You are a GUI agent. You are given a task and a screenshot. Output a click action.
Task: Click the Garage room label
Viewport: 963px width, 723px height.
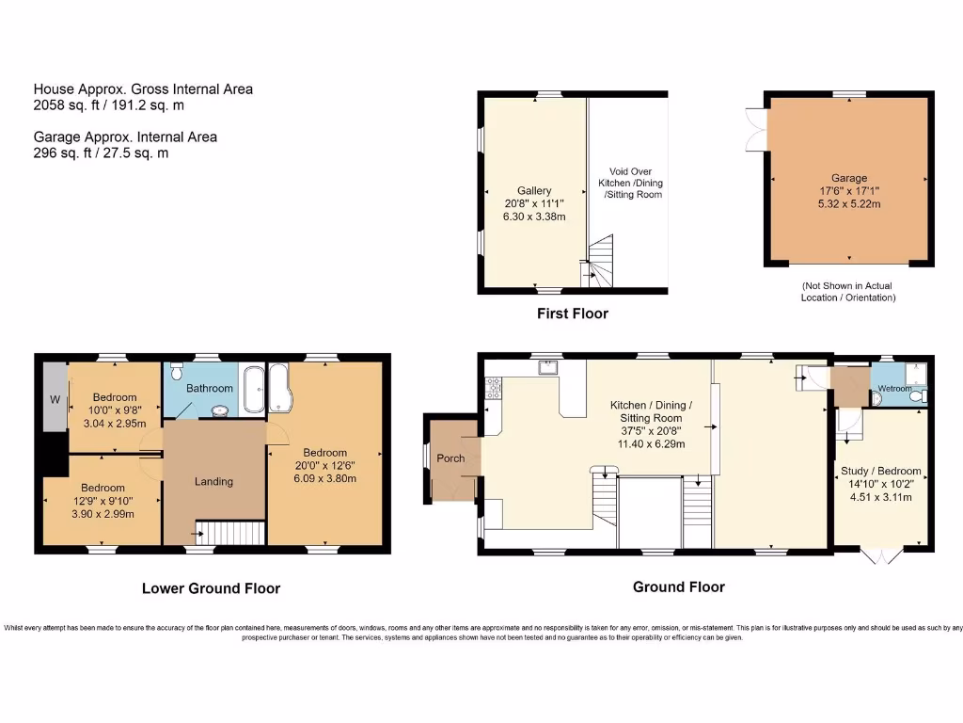pos(848,178)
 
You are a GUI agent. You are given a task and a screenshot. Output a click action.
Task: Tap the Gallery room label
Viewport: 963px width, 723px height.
pos(533,190)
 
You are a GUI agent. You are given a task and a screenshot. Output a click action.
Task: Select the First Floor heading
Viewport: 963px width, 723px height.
pos(573,313)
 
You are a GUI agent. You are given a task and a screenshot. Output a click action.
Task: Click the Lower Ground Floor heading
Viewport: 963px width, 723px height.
pos(211,588)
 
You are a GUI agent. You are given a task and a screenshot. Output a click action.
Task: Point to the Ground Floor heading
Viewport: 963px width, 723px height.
pos(678,586)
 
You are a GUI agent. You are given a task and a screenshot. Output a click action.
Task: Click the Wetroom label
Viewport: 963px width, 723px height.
pos(894,388)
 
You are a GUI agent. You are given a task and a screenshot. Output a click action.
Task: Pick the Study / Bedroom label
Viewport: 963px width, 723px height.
pos(881,471)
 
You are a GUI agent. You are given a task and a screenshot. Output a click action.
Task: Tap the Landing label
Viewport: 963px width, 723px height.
pos(213,481)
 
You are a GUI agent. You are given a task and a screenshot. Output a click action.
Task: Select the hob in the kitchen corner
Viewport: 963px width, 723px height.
pos(492,386)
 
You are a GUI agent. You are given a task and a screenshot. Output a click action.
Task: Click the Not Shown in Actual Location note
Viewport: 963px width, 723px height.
pos(848,292)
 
